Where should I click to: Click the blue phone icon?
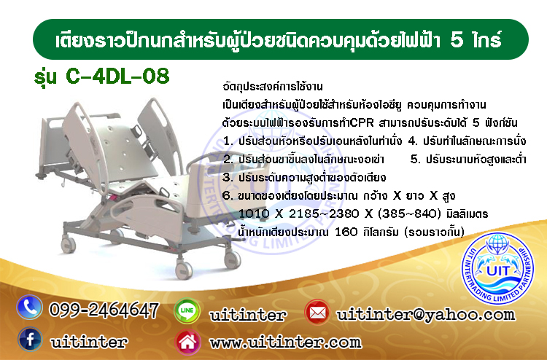(x=29, y=308)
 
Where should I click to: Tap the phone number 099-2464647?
(x=104, y=310)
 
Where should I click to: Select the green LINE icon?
(x=187, y=311)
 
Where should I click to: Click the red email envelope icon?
(x=317, y=312)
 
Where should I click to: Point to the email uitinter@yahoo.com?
(x=426, y=314)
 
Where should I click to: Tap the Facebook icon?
(x=31, y=339)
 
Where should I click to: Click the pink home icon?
(x=187, y=342)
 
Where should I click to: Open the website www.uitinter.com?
(x=285, y=343)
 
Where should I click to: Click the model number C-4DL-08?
(x=117, y=76)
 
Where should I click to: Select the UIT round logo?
(x=497, y=268)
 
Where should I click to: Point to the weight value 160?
(x=346, y=232)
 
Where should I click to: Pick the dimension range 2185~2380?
(x=324, y=214)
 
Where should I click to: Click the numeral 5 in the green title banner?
(x=457, y=40)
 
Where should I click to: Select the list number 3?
(x=227, y=177)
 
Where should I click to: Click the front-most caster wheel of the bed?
(x=184, y=270)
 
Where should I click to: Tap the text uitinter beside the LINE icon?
(x=248, y=315)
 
